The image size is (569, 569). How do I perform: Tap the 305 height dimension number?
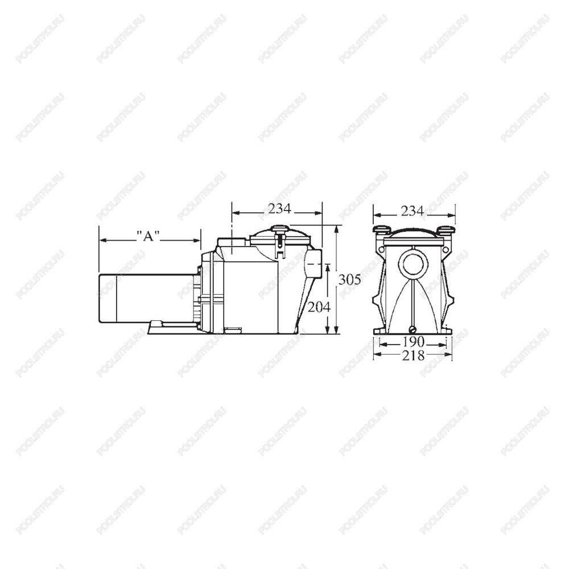350,280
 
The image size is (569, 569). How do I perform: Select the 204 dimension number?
319,307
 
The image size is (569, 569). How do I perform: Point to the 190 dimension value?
413,341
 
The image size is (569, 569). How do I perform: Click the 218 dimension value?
413,356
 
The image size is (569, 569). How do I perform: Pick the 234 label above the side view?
279,208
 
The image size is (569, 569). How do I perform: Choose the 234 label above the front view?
412,211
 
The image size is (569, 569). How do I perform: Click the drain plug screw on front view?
413,329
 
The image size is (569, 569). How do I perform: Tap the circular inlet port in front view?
413,265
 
